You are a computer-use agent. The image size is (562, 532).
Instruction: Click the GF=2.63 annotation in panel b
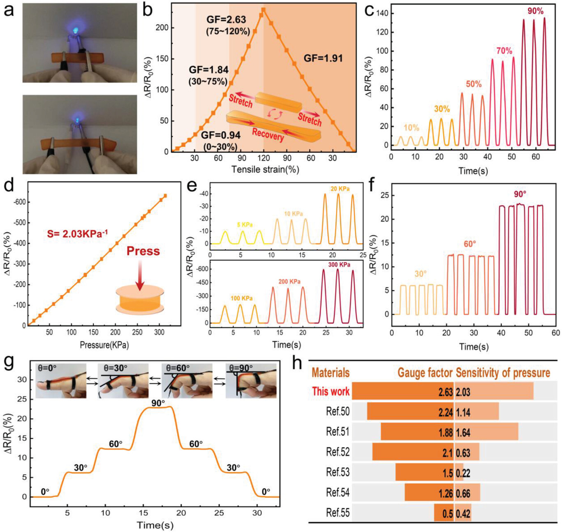click(226, 19)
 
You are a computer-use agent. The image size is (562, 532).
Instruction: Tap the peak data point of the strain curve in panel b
click(263, 9)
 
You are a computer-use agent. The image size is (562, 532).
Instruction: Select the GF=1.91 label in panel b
click(323, 58)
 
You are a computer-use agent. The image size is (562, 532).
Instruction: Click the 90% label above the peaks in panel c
click(535, 11)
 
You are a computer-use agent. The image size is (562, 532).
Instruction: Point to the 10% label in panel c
click(411, 128)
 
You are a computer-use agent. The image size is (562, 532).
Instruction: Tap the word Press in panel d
click(143, 251)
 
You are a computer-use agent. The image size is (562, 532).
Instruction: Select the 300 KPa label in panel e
click(339, 265)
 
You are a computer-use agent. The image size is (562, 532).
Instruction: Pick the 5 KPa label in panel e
click(245, 224)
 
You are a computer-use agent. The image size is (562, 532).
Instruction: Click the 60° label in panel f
click(469, 244)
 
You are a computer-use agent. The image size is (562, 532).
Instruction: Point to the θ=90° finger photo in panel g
click(251, 381)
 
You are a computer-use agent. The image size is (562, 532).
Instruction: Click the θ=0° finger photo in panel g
click(61, 381)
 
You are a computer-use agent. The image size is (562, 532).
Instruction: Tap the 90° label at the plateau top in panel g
click(158, 403)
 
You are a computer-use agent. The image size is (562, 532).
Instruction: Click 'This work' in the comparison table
click(331, 391)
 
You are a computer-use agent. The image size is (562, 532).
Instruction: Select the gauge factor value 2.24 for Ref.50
click(445, 412)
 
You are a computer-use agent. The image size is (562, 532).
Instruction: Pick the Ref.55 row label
click(338, 513)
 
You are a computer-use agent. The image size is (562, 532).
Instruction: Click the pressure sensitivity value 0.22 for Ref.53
click(463, 473)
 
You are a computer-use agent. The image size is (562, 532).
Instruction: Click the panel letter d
click(9, 186)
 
